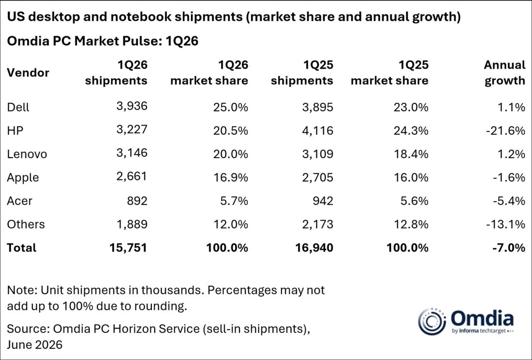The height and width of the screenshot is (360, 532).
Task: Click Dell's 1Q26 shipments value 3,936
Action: coord(132,106)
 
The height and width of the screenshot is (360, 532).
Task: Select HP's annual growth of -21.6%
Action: coord(505,130)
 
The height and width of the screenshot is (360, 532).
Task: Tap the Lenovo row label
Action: coord(27,154)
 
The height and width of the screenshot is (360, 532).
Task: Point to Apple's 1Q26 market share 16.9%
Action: coord(231,177)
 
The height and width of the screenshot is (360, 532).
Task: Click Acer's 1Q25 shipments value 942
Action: coord(323,201)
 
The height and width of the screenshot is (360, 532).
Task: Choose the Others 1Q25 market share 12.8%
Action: coord(411,224)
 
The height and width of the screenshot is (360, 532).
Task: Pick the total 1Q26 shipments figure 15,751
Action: coord(128,248)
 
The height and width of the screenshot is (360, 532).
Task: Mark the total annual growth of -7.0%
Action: coord(509,248)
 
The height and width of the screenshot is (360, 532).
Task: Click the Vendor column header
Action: coord(28,72)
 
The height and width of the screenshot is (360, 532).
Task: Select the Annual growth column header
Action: coord(504,72)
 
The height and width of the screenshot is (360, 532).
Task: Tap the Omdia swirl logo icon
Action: coord(432,321)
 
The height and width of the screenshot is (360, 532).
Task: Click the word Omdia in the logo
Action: coord(482,318)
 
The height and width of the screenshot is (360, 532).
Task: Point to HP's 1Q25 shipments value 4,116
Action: coord(318,130)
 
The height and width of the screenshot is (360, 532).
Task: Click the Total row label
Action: coord(21,248)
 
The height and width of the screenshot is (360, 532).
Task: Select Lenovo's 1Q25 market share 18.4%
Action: coord(411,154)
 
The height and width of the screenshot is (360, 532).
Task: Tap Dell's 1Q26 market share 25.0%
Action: coord(231,107)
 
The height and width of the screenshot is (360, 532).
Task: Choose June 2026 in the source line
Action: coord(35,345)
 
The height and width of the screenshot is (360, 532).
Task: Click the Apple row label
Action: coord(23,178)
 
